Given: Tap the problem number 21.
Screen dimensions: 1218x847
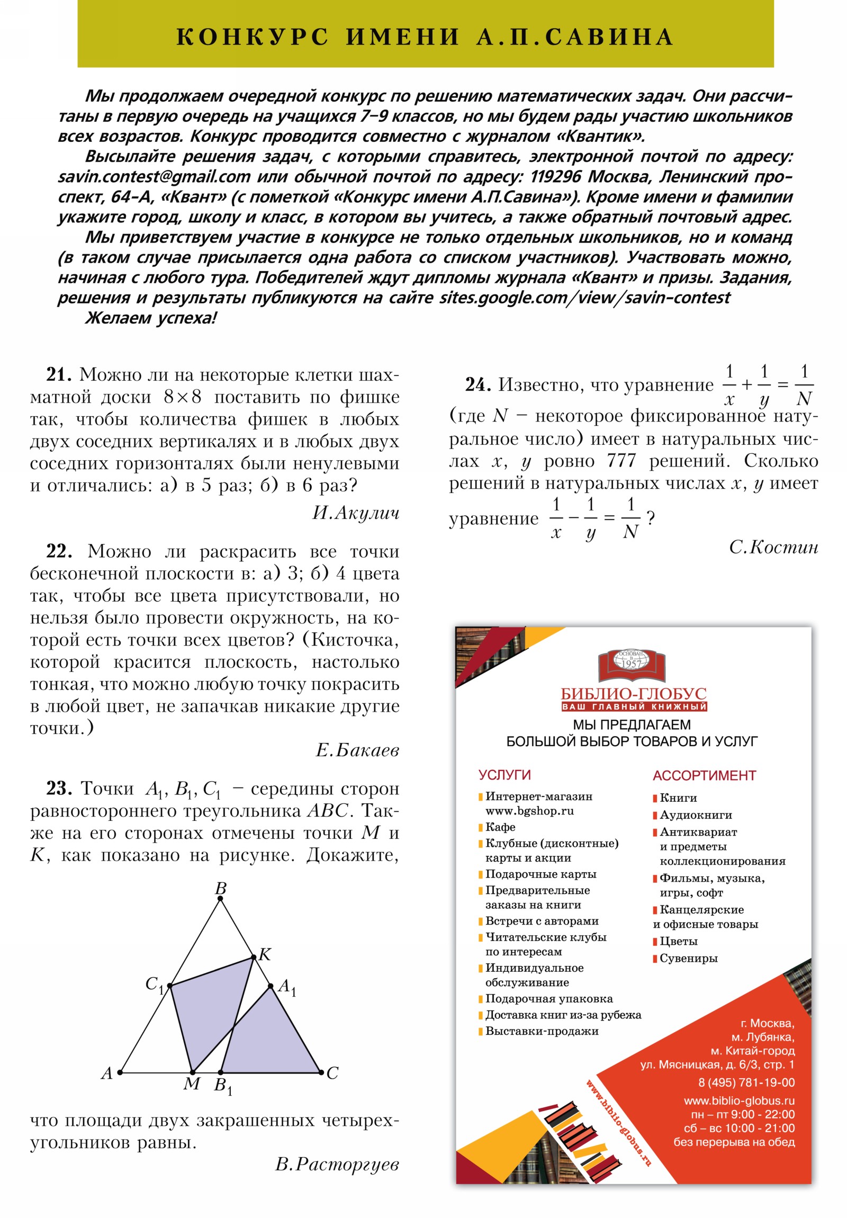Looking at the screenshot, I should coord(58,374).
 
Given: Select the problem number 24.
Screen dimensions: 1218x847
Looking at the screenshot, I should coord(477,385).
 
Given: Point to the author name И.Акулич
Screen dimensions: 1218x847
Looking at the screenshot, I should coord(355,513).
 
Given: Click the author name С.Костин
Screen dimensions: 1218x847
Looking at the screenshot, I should coord(773,547).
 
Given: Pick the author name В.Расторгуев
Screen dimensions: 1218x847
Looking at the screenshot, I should coord(337,1164).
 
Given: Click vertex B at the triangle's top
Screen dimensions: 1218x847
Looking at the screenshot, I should coord(221,898).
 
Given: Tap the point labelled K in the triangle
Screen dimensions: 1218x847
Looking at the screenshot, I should coord(254,957).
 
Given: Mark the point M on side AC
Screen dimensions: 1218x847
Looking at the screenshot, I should coord(193,1072).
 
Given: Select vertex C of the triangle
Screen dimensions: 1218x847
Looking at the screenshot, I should coord(321,1072).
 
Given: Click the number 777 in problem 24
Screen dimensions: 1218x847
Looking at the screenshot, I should coord(621,461).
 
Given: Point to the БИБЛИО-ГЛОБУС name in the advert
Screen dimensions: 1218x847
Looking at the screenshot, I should coord(633,693).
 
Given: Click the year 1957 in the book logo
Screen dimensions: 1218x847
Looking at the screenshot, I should coord(631,663).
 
